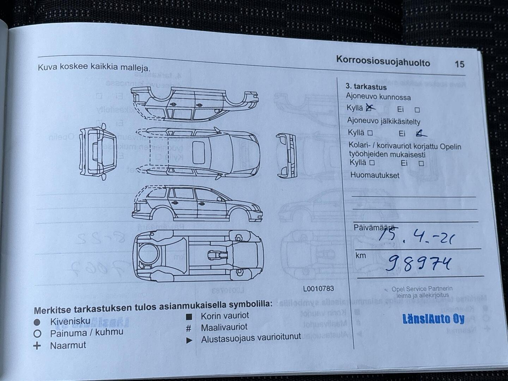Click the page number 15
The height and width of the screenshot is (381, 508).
point(459,64)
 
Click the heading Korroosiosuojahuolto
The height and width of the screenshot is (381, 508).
point(383,61)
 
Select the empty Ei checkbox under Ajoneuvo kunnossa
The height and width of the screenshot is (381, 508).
point(417,110)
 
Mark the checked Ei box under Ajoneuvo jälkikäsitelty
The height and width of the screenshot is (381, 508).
point(420,133)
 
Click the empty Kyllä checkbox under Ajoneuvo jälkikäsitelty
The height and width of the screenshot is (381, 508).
point(370,133)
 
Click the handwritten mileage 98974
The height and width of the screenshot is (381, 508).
point(418,263)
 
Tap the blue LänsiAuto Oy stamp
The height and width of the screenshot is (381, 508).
point(433,319)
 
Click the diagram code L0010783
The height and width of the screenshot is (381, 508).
point(318,289)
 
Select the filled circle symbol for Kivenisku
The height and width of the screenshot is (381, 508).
point(37,322)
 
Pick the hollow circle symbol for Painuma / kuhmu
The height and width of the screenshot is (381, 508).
point(37,334)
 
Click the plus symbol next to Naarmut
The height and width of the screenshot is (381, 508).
point(37,346)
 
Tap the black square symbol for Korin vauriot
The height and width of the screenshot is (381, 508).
point(189,317)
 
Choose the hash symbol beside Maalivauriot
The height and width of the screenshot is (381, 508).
point(189,328)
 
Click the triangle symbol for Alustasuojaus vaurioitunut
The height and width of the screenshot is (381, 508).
point(189,340)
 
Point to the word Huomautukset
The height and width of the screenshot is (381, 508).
point(375,175)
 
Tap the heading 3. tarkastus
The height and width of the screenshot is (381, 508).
point(366,87)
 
